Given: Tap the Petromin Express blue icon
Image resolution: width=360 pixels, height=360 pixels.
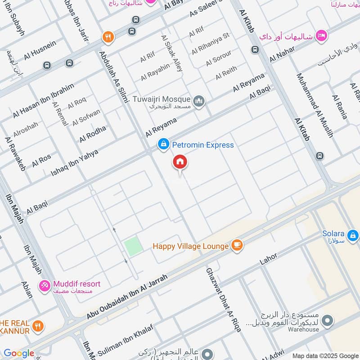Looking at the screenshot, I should [x=163, y=144].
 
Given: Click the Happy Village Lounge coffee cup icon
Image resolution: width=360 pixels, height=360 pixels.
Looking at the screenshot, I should [x=237, y=245].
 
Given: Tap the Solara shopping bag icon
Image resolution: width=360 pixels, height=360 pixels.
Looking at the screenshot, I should [x=353, y=234].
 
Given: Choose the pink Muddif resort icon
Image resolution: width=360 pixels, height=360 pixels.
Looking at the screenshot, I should [x=45, y=285].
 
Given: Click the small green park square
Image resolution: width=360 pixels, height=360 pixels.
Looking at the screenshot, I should [x=133, y=247].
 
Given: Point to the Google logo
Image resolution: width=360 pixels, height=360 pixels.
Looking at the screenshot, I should [x=19, y=353].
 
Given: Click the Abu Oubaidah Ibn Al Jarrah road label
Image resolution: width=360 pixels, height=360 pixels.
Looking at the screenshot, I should [x=127, y=297].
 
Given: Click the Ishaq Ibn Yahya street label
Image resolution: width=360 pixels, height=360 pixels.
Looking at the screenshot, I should [x=74, y=162].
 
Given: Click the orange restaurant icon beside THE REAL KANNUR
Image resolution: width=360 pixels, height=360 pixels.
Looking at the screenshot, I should [x=39, y=325].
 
